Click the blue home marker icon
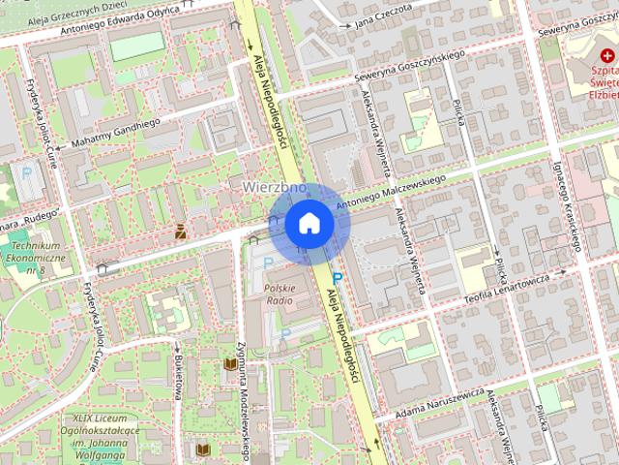pyautogui.click(x=309, y=223)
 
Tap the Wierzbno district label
pyautogui.click(x=268, y=186)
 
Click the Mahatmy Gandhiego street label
pyautogui.click(x=107, y=133)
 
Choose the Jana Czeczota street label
pyautogui.click(x=383, y=12)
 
